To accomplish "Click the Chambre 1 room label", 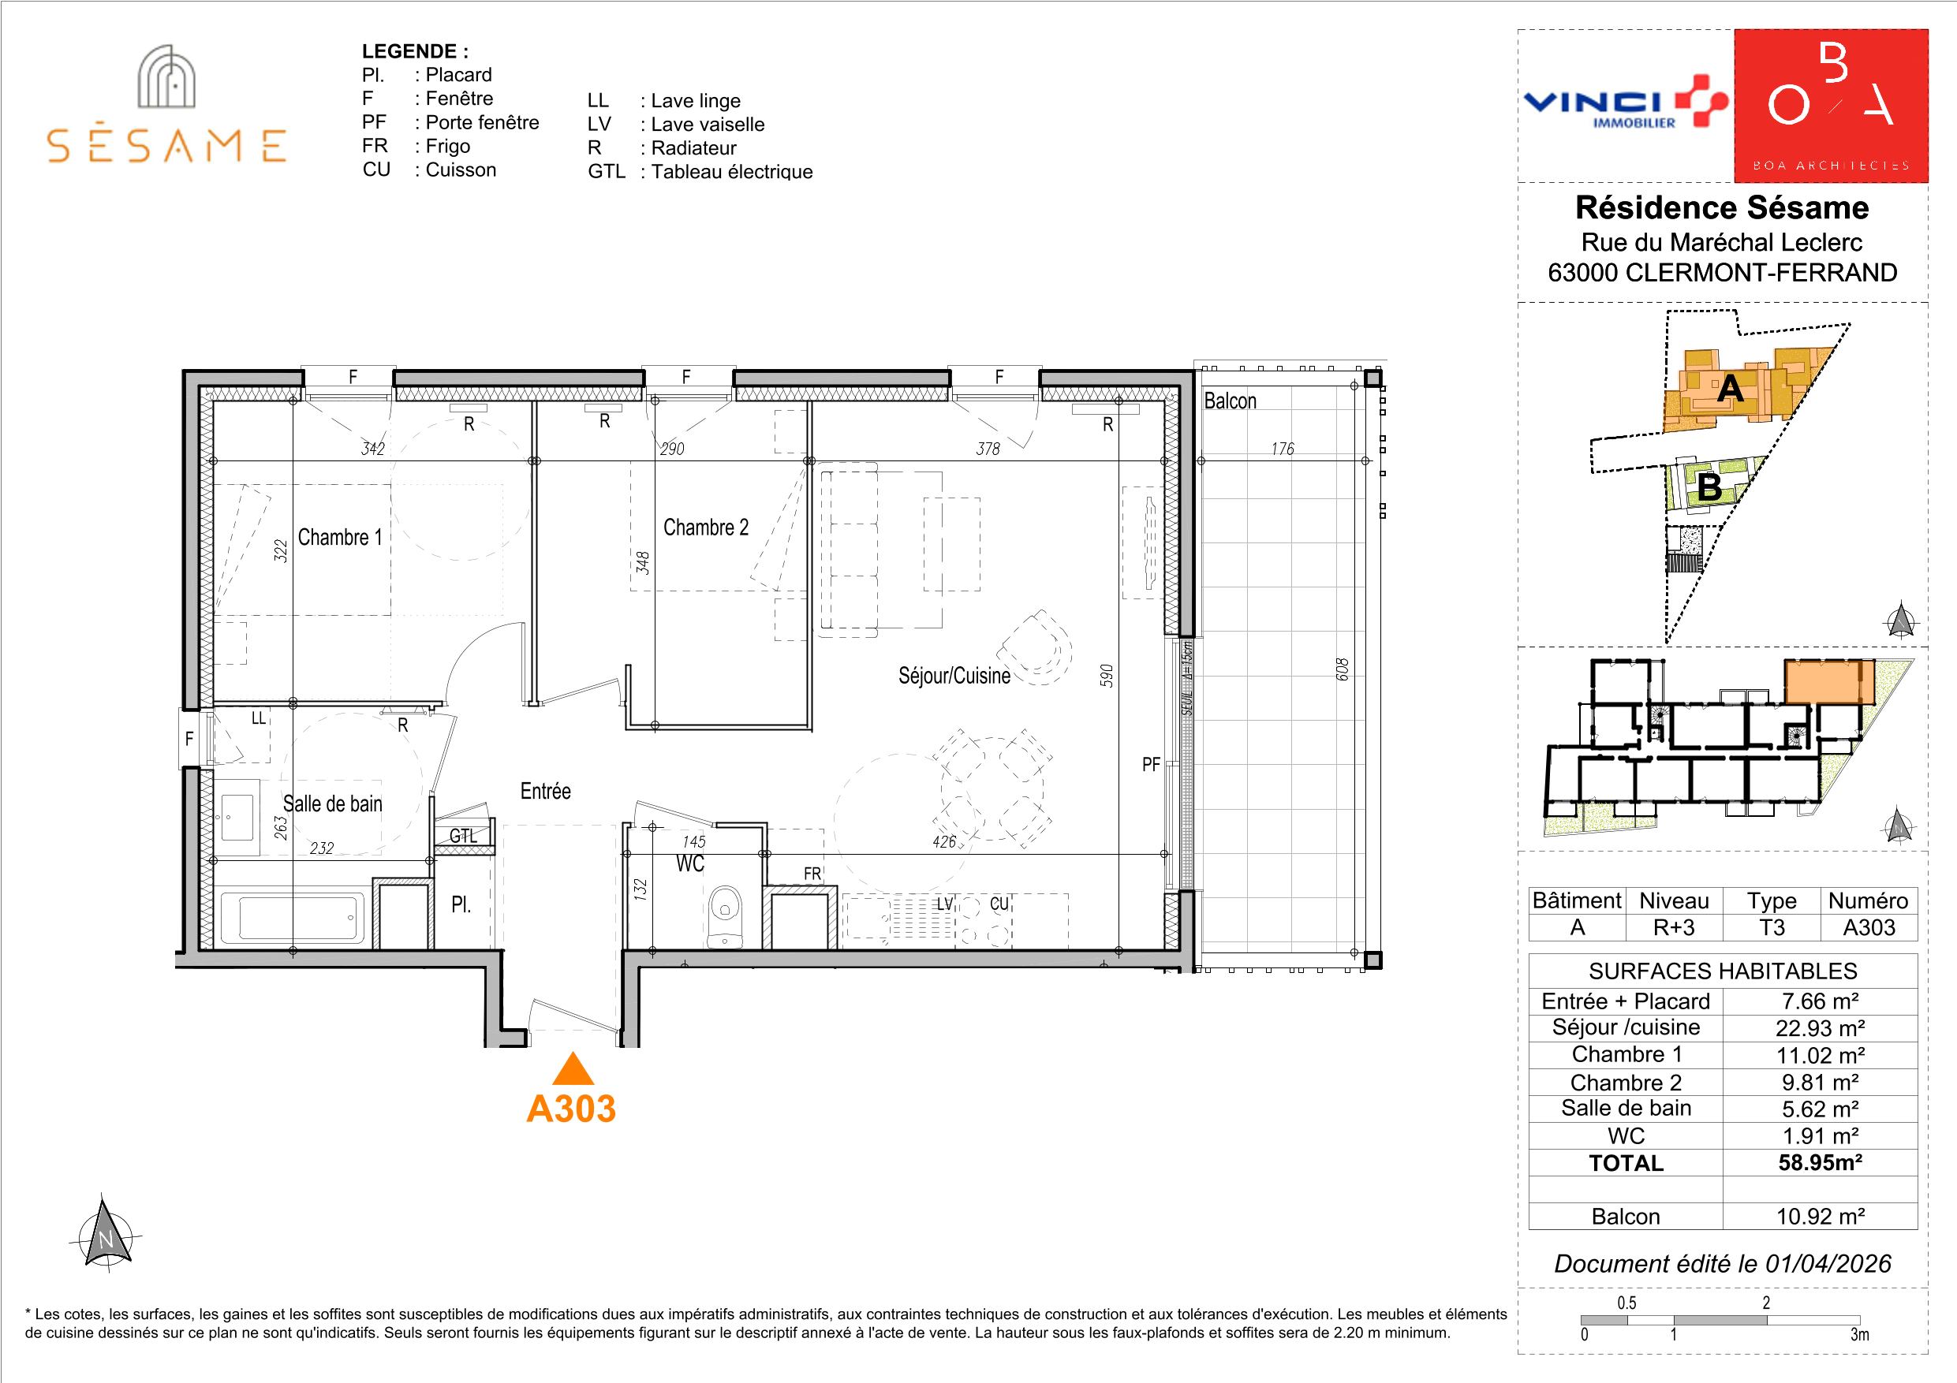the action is coord(339,538).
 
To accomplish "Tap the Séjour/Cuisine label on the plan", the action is coord(954,676).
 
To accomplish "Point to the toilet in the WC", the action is coord(724,916).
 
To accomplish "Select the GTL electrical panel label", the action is coord(463,836).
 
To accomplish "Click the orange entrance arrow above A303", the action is coord(573,1068).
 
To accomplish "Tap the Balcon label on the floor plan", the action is coord(1230,401).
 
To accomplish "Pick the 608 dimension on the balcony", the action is coord(1343,669).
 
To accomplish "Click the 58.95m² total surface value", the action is coord(1820,1162).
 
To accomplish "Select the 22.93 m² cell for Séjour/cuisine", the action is coord(1820,1027).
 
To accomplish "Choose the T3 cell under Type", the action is coord(1771,927).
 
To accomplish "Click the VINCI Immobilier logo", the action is coord(1626,104).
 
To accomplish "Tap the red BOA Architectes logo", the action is coord(1831,106).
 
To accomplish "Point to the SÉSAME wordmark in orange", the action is coord(166,145).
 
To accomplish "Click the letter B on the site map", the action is coord(1709,487).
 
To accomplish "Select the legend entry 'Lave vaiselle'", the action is coord(676,125).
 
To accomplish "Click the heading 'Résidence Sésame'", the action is coord(1722,207).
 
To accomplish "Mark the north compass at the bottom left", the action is coord(106,1233).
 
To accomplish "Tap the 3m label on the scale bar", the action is coord(1859,1334).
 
